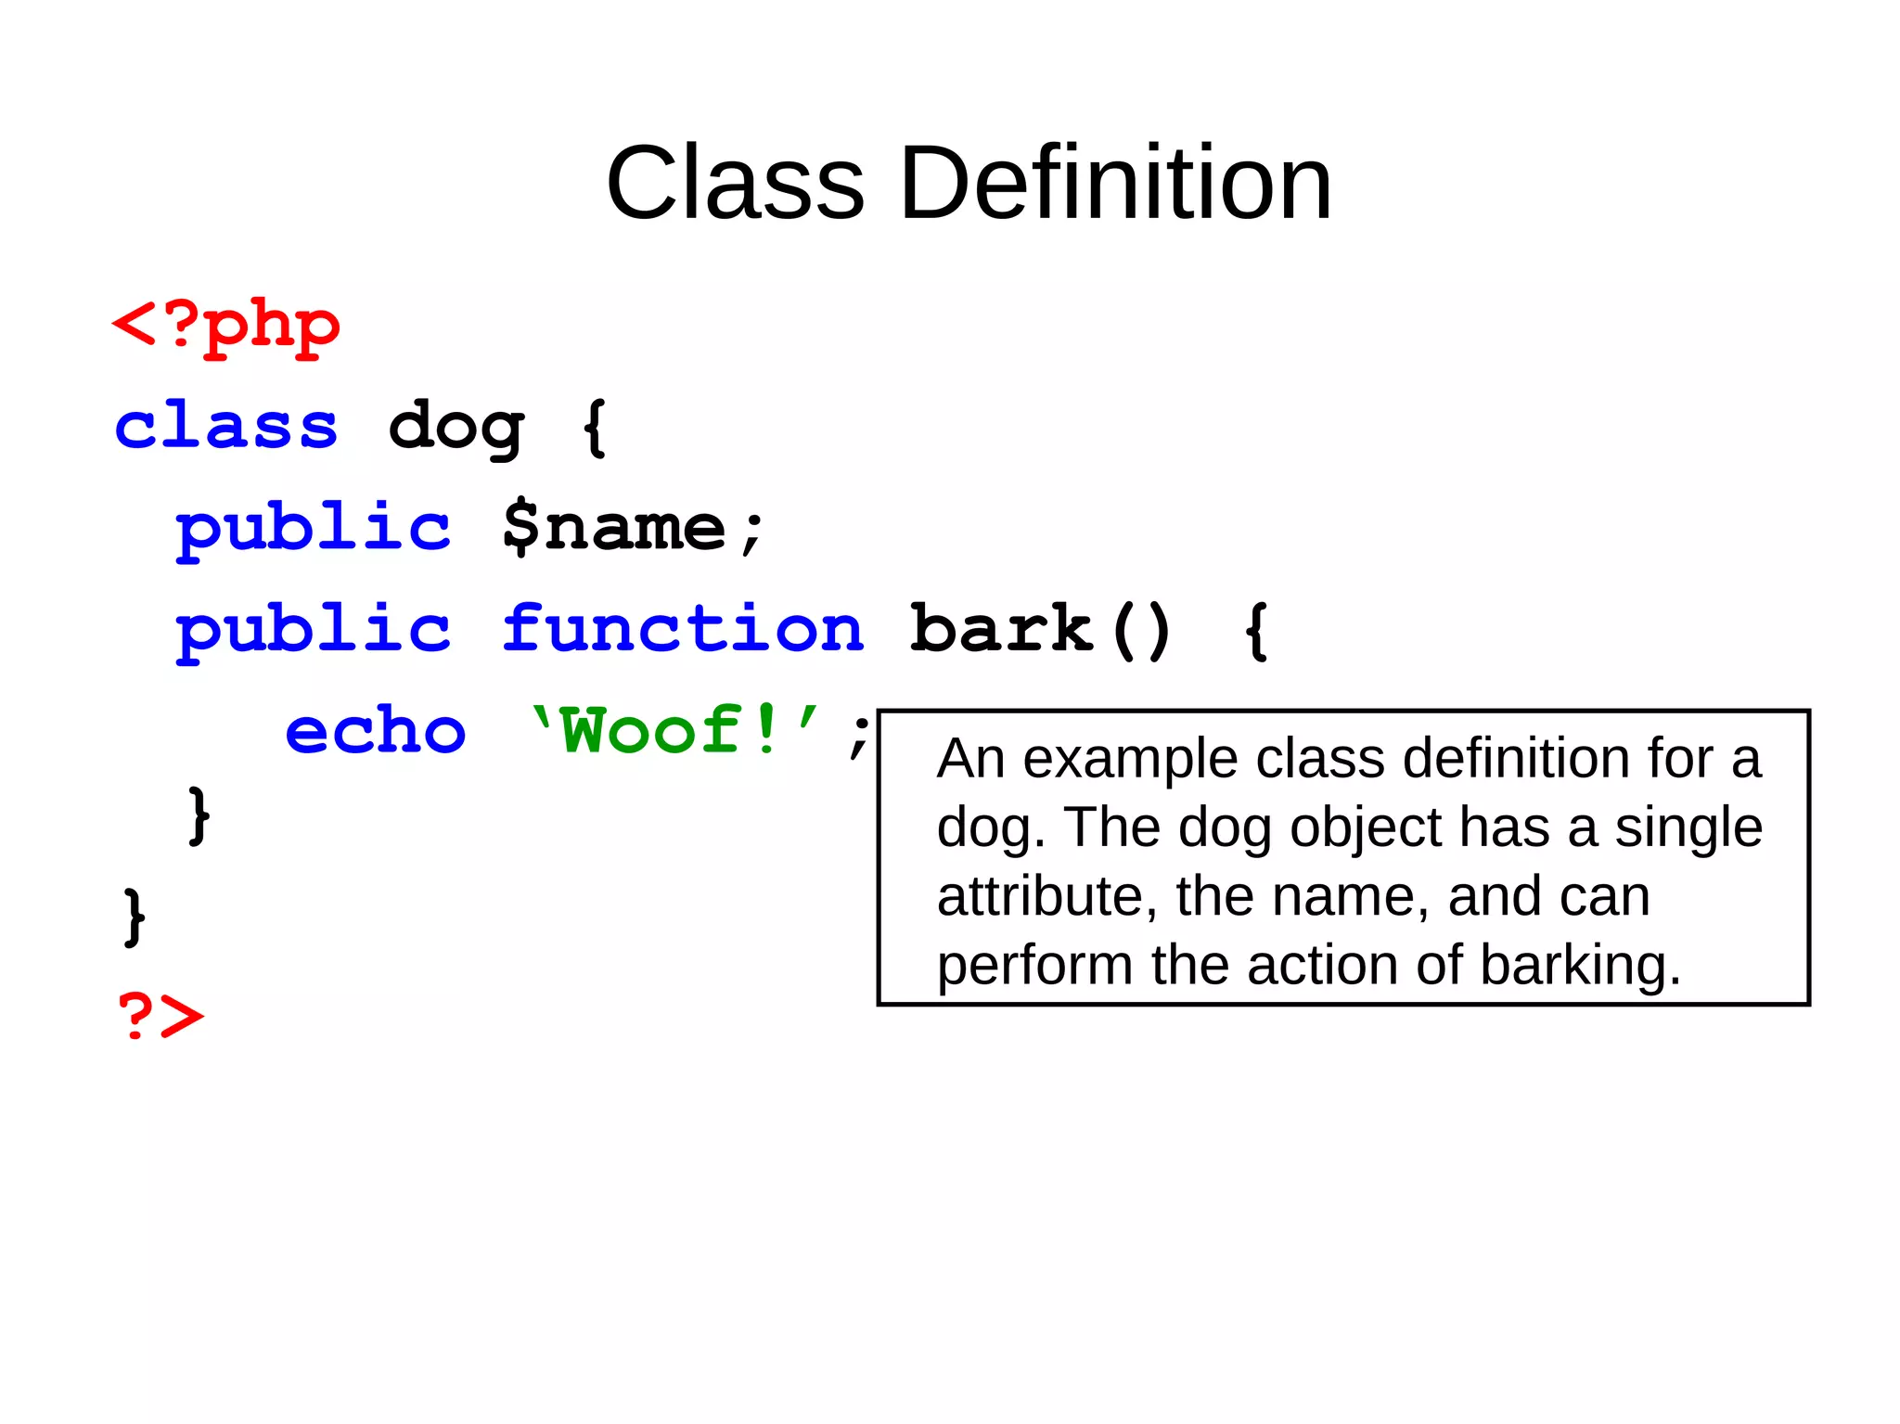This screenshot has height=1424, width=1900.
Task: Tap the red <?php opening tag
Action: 225,327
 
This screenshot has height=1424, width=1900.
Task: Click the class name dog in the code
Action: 456,429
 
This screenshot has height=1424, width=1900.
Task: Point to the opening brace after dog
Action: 595,428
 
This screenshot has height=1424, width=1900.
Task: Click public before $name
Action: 314,529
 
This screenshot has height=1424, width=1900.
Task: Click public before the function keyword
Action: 314,631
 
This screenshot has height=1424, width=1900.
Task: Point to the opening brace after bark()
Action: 1256,631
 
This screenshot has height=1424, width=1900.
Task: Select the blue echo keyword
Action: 375,731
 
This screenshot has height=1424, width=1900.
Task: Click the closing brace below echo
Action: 199,816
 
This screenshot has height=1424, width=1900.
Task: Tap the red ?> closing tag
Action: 160,1016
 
